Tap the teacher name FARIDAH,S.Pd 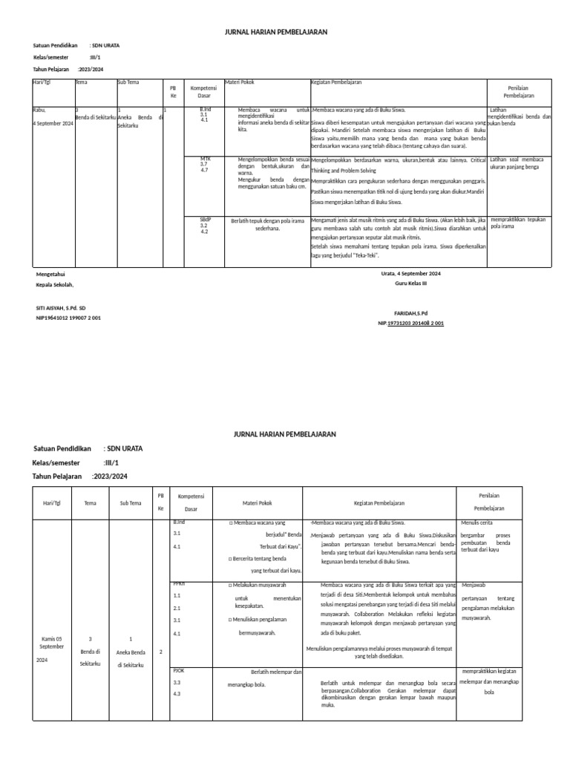(x=410, y=314)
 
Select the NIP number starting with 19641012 (x=69, y=318)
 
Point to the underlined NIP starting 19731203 (x=415, y=324)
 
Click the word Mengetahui (x=50, y=274)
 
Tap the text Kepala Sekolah (x=56, y=284)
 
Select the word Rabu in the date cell (x=39, y=110)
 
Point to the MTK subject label (x=206, y=159)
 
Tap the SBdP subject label (x=206, y=220)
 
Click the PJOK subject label (x=178, y=670)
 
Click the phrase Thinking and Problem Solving (x=348, y=170)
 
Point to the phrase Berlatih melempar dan (x=275, y=672)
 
